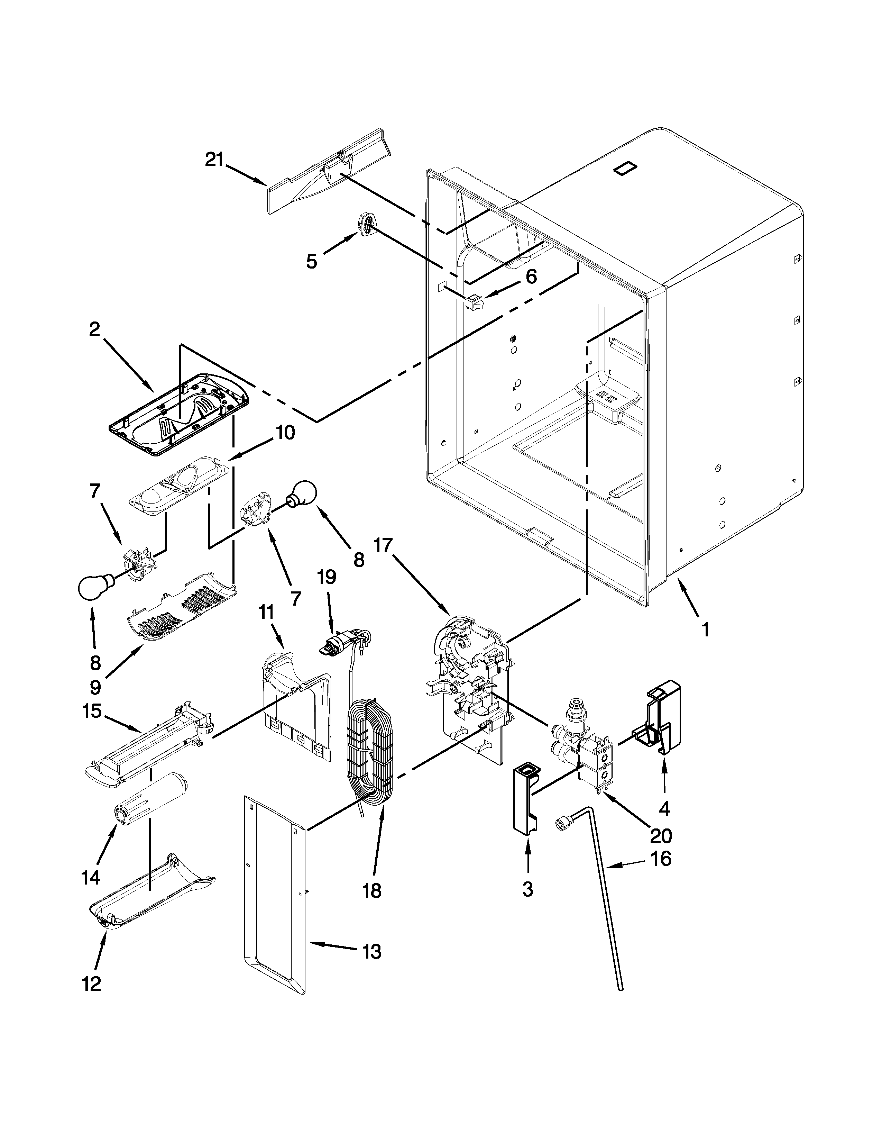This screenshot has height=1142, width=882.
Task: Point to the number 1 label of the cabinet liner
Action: [705, 629]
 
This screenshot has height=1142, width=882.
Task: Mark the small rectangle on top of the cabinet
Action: [625, 170]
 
